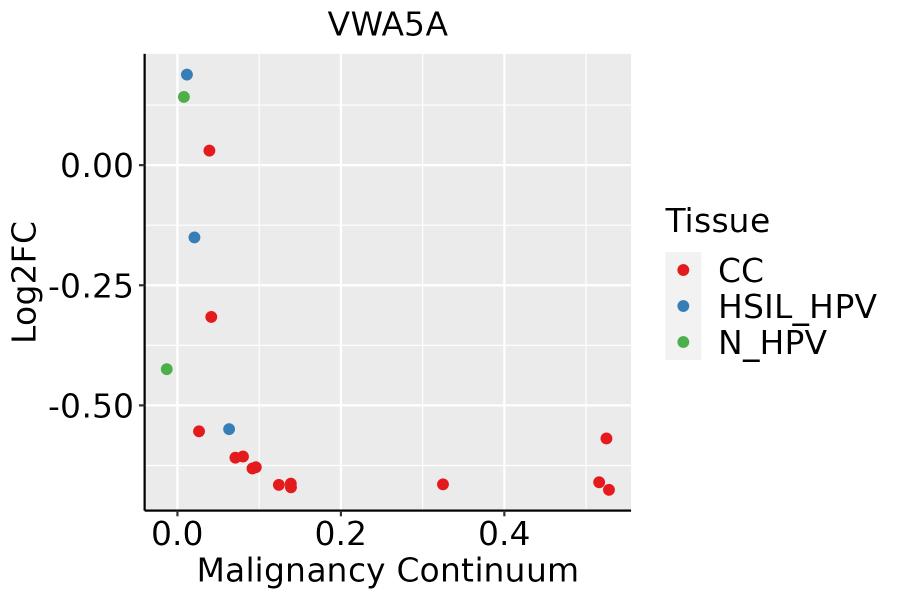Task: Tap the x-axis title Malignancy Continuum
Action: tap(387, 570)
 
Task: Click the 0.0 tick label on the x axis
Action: tap(177, 534)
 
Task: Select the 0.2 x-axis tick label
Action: tap(340, 534)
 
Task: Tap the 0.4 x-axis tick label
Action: tap(504, 534)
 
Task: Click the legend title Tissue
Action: tap(717, 220)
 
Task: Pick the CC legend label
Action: tap(740, 270)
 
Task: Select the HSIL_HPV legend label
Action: tap(797, 306)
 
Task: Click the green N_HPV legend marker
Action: tap(683, 342)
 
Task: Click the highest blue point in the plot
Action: tap(187, 75)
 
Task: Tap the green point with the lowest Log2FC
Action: tap(166, 369)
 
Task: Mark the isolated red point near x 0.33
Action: tap(442, 484)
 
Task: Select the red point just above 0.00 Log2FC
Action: tap(209, 150)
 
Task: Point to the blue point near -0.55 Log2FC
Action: tap(229, 429)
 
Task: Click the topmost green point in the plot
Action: tap(184, 97)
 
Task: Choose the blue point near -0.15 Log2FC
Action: tap(194, 237)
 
